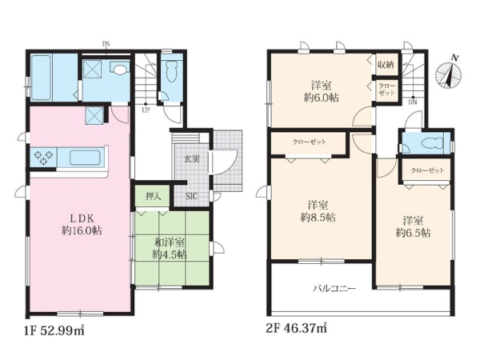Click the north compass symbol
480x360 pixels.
point(449,74)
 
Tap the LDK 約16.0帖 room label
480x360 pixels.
point(82,224)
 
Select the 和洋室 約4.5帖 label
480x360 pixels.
point(170,248)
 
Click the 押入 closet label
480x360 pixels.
point(153,196)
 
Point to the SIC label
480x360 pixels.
point(192,196)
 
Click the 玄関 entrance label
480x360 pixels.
point(192,158)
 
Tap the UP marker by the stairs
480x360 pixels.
point(146,110)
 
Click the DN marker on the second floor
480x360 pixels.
point(413,102)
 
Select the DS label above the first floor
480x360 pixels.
point(106,44)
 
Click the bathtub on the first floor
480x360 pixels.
point(41,78)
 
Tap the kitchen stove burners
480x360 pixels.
point(43,158)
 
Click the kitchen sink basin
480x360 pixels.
point(86,158)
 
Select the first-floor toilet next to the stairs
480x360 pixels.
point(171,71)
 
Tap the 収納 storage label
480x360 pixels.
point(386,65)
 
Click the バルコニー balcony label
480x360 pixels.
point(334,288)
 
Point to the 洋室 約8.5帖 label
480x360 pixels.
point(318,211)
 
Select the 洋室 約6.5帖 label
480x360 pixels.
point(414,226)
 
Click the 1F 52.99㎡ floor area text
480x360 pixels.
point(54,330)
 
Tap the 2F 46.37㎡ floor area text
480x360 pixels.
point(297,328)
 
